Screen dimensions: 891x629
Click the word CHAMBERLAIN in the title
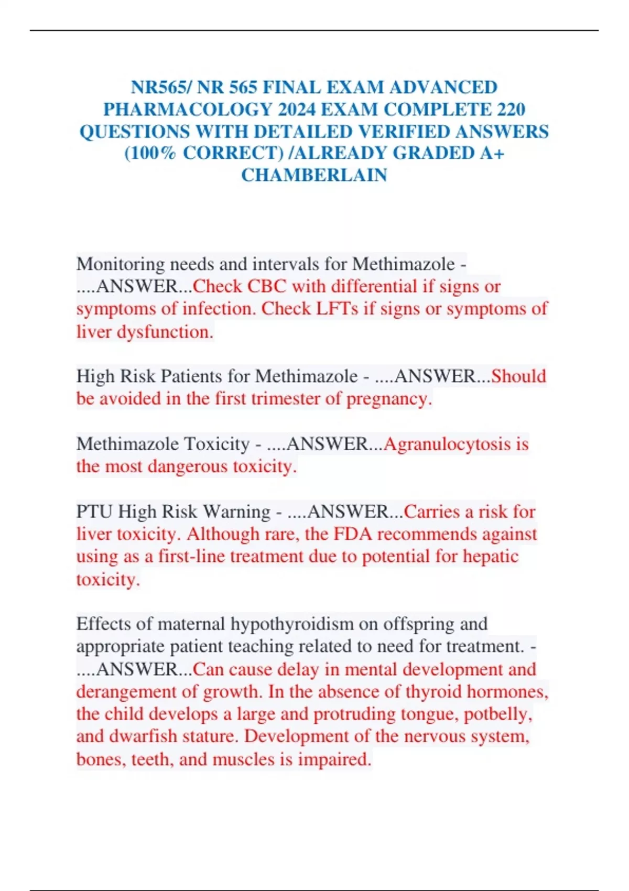click(x=314, y=175)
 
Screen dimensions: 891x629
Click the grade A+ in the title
click(x=492, y=153)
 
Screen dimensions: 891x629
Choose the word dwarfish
click(x=143, y=736)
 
